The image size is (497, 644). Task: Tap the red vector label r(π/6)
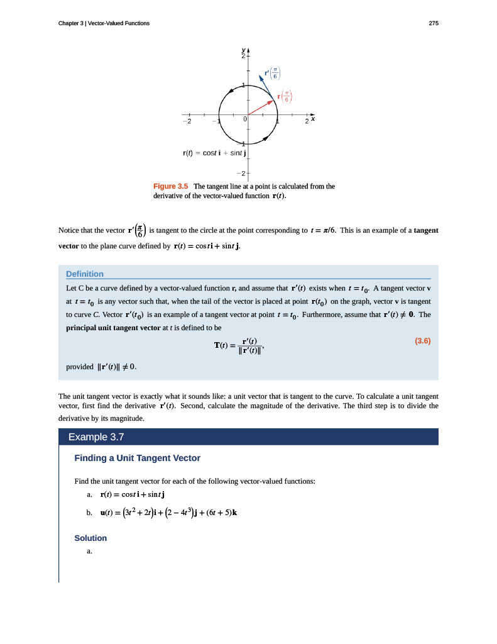pos(285,96)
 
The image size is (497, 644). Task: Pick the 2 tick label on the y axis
pos(243,57)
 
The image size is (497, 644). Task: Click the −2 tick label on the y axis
pos(241,173)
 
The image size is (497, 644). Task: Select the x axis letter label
pos(312,118)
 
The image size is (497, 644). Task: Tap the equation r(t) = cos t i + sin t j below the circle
pos(210,152)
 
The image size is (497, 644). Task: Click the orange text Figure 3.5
pos(171,186)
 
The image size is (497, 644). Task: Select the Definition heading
pos(85,274)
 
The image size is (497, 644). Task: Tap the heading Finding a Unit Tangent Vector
pos(137,458)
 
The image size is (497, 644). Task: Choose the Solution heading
pos(90,538)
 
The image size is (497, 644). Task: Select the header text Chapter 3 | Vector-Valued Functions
pos(104,23)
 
